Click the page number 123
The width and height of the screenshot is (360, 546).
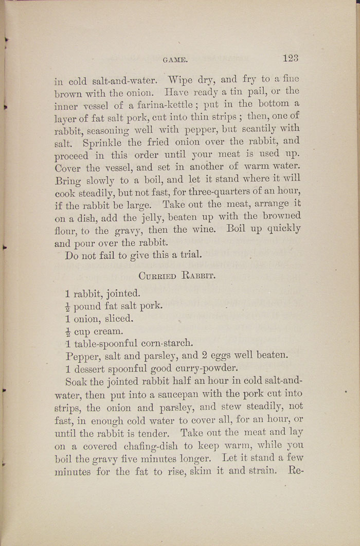coord(290,58)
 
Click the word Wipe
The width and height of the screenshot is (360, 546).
coord(179,80)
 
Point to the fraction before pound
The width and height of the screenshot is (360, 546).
coord(68,307)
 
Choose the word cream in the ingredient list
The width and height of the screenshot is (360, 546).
coord(109,331)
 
